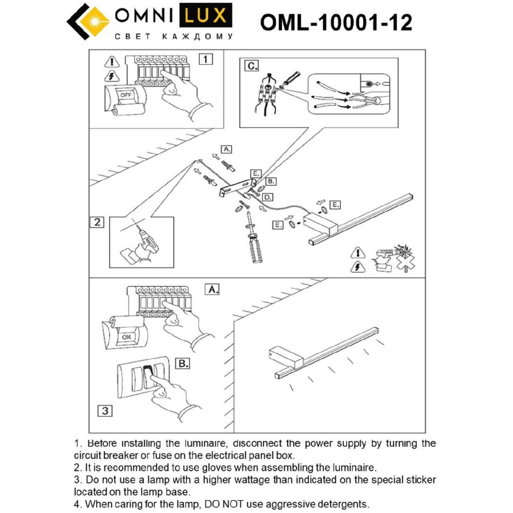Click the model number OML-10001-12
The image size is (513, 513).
(x=336, y=23)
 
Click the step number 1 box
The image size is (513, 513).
(x=206, y=59)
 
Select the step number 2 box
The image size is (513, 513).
(x=97, y=222)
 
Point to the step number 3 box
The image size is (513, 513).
(x=105, y=411)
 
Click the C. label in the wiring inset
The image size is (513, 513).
(x=251, y=66)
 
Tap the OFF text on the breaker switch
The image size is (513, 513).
(x=126, y=95)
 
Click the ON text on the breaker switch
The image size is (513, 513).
(x=127, y=337)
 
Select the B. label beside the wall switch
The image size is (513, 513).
(x=183, y=364)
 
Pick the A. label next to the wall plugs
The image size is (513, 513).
(x=226, y=149)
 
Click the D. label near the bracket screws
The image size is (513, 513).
(x=267, y=197)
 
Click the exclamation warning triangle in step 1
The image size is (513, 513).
(x=112, y=62)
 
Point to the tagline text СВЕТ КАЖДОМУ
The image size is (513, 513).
(x=174, y=37)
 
